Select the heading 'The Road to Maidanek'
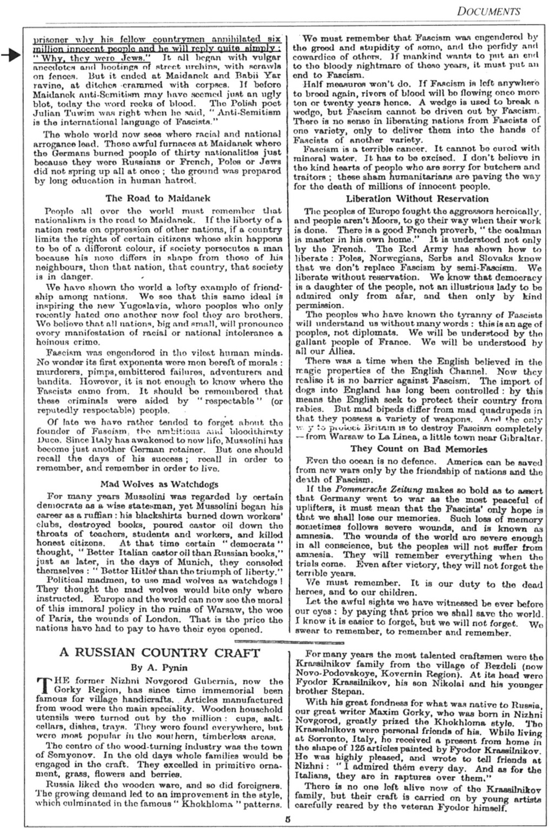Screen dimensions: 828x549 pyautogui.click(x=157, y=198)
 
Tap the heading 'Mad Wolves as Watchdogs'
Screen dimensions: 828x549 pyautogui.click(x=159, y=483)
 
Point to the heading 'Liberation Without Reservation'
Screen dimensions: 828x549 pyautogui.click(x=417, y=198)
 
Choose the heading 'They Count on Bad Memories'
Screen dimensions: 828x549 pyautogui.click(x=418, y=449)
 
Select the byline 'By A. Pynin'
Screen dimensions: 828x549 pyautogui.click(x=158, y=667)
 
